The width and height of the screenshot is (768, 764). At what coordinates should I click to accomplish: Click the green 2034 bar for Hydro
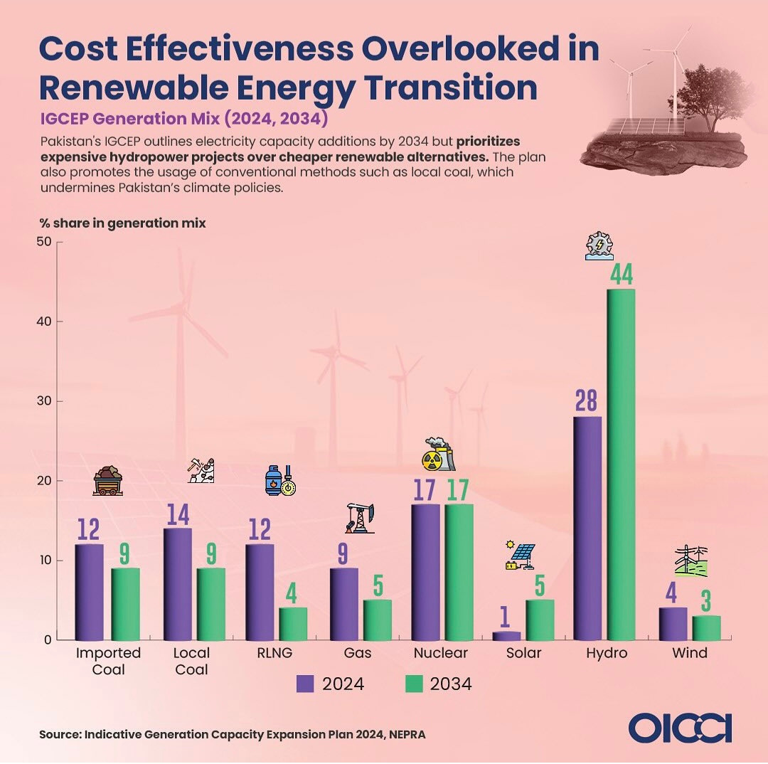[621, 465]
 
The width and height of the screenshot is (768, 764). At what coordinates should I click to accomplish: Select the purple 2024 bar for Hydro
[587, 529]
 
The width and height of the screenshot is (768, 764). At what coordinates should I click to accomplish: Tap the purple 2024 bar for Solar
[506, 636]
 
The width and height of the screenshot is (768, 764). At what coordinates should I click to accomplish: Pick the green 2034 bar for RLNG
[294, 624]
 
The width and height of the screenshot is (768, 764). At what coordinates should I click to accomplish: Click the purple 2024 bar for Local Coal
[178, 584]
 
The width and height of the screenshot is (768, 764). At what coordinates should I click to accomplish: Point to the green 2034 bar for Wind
[706, 627]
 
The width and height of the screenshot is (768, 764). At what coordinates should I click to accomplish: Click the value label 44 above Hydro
[622, 275]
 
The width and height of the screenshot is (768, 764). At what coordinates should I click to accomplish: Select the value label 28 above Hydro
[586, 401]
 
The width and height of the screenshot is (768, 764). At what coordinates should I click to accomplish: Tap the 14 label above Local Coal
[178, 514]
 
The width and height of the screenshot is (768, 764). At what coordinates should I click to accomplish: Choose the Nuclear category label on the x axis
[440, 653]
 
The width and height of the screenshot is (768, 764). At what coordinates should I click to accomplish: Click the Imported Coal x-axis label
[108, 661]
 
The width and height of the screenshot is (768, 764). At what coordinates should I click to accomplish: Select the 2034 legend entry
[439, 684]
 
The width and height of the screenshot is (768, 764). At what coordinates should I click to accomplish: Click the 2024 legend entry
[331, 684]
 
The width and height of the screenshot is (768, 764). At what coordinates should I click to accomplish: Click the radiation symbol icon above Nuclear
[432, 460]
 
